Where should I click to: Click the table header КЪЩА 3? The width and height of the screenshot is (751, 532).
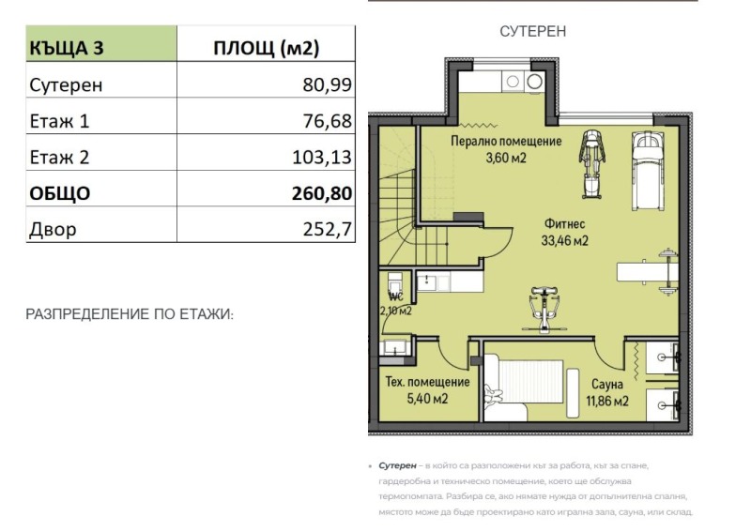point(67,46)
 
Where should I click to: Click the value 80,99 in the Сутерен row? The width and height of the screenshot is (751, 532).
point(329,84)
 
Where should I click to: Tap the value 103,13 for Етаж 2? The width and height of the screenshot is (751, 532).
point(323,158)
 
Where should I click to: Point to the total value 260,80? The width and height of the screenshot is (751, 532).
point(323,193)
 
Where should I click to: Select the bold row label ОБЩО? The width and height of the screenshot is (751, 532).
point(60,193)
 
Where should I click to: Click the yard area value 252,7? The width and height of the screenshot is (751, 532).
point(328,229)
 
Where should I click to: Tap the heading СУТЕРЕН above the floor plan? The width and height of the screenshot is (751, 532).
point(533,32)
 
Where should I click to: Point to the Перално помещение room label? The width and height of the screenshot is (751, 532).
point(506,148)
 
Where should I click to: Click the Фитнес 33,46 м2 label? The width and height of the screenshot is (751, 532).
point(564,232)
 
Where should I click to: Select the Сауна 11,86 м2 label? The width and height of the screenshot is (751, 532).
point(607,391)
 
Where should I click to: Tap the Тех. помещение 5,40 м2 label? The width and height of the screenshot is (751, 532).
point(427,389)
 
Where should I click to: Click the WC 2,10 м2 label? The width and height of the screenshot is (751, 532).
point(395,304)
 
